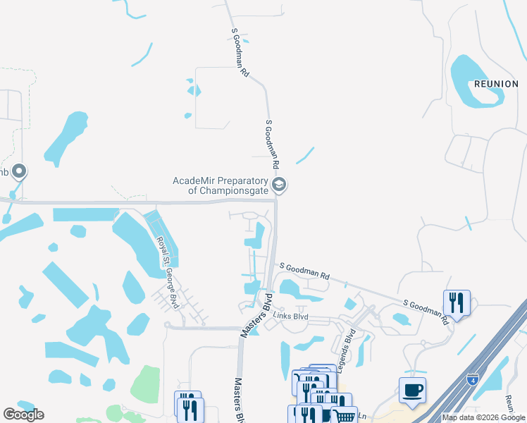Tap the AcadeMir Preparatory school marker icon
(x=280, y=185)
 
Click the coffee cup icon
(x=412, y=391)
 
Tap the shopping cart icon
(x=345, y=415)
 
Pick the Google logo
(x=23, y=415)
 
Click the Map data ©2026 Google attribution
(x=484, y=417)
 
